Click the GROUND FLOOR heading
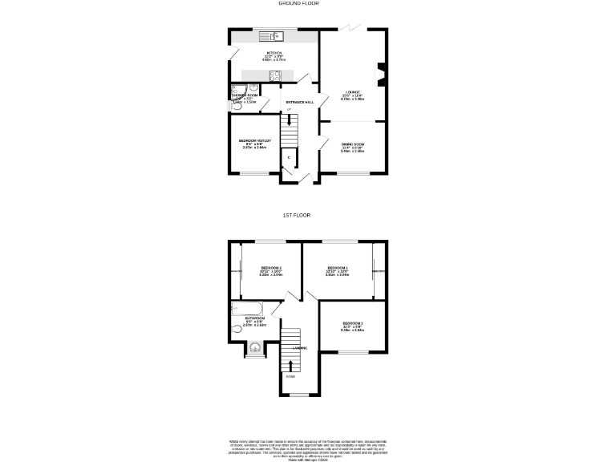point(298,3)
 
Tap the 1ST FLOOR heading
point(296,216)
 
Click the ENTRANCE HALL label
point(299,102)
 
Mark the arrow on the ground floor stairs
point(290,121)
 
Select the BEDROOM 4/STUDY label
point(255,140)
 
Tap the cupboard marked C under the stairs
point(289,157)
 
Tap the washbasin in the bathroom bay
point(255,347)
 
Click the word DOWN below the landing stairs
point(290,376)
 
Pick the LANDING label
point(300,347)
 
